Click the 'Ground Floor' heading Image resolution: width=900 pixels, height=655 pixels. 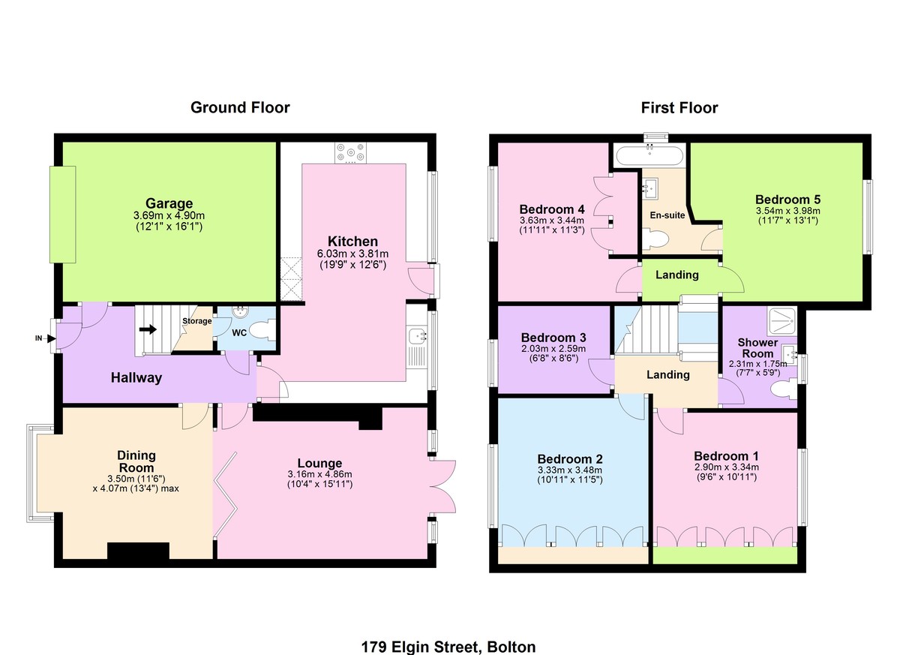240,108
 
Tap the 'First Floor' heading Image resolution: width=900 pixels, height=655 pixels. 679,108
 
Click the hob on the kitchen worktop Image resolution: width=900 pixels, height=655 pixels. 351,154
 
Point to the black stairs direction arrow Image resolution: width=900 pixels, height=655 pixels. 148,329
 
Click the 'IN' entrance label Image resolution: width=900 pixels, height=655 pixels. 38,338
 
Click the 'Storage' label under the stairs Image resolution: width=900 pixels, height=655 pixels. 196,321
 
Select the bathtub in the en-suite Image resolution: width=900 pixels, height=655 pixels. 649,155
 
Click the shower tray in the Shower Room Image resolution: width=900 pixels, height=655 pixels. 781,321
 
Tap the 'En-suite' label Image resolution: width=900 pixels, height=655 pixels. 667,215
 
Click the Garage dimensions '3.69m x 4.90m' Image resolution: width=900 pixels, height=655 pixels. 169,215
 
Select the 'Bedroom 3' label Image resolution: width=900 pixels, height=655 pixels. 553,337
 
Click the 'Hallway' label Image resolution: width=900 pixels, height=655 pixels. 136,377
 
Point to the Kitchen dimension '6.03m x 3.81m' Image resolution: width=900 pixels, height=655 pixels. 352,254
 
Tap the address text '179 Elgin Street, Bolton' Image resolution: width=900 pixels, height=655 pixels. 448,647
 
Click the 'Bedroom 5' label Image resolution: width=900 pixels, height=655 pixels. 788,200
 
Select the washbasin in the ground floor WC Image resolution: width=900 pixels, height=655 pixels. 241,312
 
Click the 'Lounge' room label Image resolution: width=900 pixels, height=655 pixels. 319,463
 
